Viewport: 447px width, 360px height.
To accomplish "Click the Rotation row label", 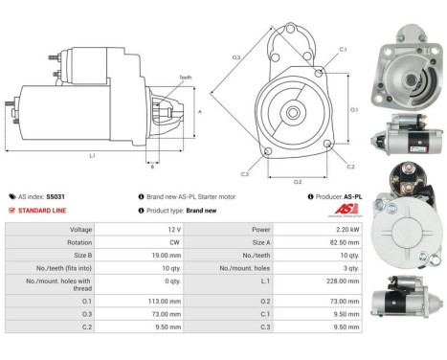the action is point(79,243).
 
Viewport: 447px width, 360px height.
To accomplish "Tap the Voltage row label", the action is point(80,230).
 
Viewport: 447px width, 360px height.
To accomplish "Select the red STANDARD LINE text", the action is point(44,210).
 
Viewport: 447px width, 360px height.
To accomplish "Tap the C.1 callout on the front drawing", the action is point(343,49).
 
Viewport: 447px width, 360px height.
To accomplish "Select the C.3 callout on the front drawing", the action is point(245,173).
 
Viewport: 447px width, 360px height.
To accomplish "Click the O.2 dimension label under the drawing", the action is point(297,180).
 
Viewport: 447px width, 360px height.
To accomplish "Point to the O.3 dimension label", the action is point(235,58).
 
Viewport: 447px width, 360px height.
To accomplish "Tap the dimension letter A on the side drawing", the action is point(199,111).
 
